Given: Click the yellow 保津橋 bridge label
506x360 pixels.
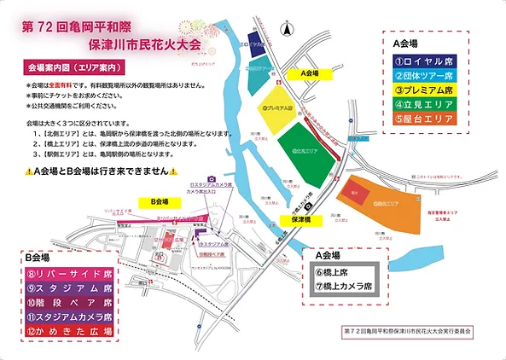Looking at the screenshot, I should pyautogui.click(x=300, y=219).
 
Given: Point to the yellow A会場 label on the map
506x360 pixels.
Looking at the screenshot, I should pyautogui.click(x=315, y=75).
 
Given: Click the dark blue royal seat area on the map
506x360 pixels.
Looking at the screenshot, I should pyautogui.click(x=255, y=44).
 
